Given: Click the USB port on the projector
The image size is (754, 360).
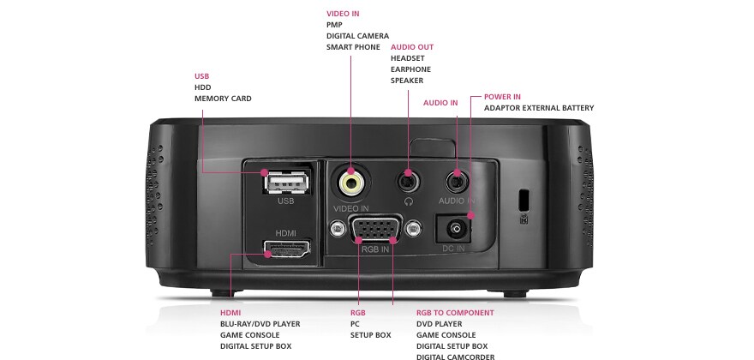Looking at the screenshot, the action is (x=285, y=183).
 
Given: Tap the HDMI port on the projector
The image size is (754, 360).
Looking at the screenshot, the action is (x=286, y=248).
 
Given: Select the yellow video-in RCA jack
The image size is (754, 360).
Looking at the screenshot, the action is (x=350, y=183).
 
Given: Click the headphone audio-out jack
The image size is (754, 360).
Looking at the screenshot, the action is (x=408, y=182).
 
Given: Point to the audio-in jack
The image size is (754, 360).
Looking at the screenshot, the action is (x=457, y=183).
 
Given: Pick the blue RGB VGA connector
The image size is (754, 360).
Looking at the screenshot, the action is (x=375, y=228).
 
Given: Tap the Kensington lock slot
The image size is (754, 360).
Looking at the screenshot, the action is (x=524, y=199).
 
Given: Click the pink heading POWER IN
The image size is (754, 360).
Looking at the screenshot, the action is (x=502, y=97).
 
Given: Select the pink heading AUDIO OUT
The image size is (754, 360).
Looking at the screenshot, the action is (x=412, y=47).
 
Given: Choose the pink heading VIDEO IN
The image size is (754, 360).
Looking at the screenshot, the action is (x=343, y=14).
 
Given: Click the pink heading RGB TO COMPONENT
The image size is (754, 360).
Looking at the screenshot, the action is (x=455, y=313).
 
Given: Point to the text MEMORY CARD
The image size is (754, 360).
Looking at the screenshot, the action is (x=223, y=99).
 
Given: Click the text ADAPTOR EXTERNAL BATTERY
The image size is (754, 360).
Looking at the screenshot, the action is (x=539, y=108).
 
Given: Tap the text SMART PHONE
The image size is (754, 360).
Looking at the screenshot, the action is (x=353, y=47).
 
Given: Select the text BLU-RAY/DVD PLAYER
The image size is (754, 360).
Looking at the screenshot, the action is (x=260, y=324).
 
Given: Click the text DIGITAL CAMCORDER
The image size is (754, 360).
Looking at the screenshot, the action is (x=455, y=357).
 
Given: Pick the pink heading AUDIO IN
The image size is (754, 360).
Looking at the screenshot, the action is (x=440, y=103).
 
